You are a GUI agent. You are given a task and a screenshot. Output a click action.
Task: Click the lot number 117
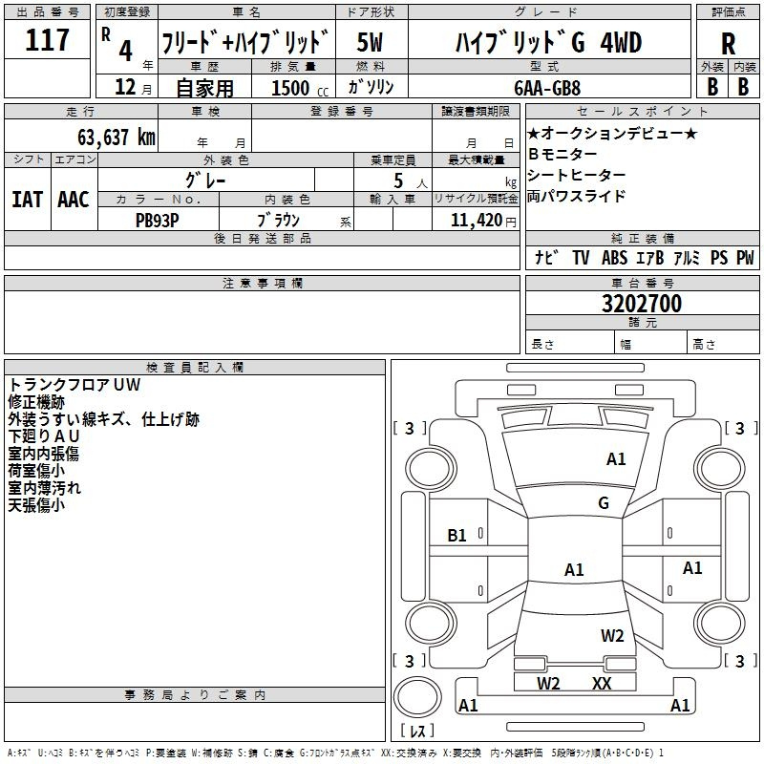(47, 40)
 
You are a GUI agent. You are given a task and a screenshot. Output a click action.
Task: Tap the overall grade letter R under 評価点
(728, 44)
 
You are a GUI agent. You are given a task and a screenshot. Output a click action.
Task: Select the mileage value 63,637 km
(117, 137)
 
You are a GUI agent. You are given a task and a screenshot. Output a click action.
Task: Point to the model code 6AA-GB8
(547, 88)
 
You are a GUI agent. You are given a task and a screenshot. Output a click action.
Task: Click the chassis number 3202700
(642, 303)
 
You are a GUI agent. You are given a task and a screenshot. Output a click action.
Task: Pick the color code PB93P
(157, 221)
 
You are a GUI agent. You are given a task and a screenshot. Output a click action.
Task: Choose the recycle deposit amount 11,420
(477, 220)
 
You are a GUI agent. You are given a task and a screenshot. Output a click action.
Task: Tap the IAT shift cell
(28, 200)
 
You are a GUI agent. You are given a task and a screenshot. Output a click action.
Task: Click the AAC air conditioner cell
(74, 200)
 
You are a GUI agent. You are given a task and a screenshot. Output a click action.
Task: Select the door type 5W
(370, 42)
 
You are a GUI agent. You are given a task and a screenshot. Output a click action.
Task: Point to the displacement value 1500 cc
(299, 88)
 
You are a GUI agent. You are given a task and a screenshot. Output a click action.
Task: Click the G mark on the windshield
(604, 502)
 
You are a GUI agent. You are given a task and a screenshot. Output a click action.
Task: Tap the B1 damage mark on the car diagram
(456, 536)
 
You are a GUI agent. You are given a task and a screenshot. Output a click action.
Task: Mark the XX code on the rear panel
(602, 684)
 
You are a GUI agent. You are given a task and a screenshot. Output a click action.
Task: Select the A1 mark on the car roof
(574, 569)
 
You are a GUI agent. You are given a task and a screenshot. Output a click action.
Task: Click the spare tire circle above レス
(417, 696)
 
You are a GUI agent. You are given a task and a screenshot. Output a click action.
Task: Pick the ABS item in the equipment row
(614, 258)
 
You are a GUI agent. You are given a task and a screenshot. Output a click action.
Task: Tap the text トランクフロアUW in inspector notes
(74, 385)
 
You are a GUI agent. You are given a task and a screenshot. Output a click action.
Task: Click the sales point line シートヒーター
(577, 175)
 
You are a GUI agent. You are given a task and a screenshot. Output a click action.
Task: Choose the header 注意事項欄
(263, 283)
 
